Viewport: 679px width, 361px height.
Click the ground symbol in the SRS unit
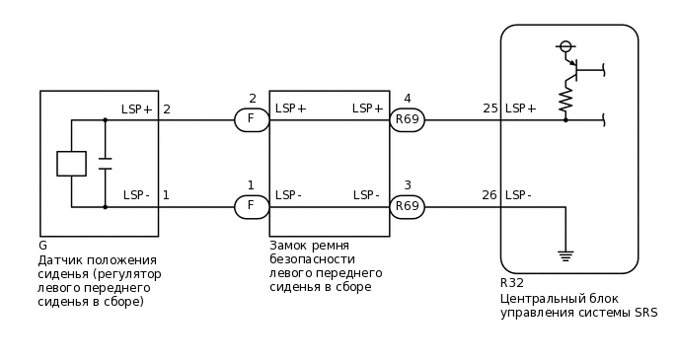pos(566,255)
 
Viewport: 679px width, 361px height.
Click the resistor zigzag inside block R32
pos(566,99)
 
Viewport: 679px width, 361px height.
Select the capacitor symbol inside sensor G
pos(105,164)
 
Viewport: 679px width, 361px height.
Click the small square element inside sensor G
pos(71,164)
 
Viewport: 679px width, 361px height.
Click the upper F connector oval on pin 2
pos(252,120)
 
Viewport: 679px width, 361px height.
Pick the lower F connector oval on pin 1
pos(252,207)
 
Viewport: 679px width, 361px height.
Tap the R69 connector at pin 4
pos(407,120)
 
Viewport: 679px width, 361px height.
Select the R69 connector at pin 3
pos(407,207)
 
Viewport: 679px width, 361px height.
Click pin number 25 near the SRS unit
pos(490,108)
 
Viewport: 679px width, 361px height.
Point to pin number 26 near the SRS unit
pos(490,195)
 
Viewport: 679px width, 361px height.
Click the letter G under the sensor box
pos(42,246)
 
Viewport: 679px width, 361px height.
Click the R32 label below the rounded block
pos(512,283)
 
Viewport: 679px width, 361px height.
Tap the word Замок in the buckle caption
pos(289,246)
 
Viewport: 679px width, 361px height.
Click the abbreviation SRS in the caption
pos(645,314)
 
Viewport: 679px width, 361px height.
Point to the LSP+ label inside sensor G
pos(137,109)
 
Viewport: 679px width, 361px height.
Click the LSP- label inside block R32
pos(518,195)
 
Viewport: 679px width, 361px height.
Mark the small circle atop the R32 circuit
pos(566,46)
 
